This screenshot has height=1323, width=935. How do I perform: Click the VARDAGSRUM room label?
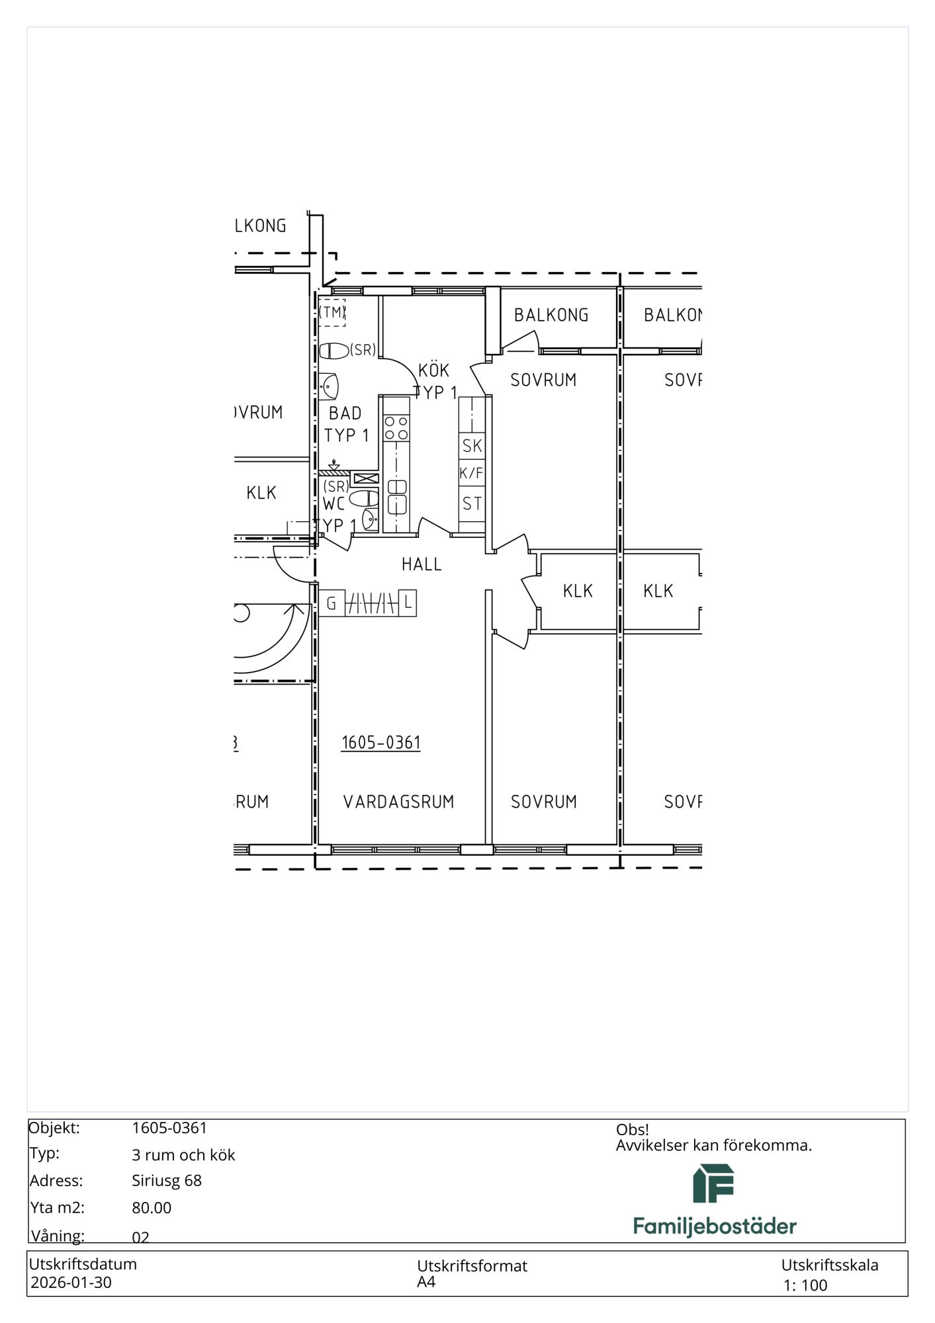click(x=398, y=802)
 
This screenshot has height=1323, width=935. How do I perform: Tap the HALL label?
click(x=422, y=564)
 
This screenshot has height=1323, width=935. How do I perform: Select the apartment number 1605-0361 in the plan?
click(x=381, y=743)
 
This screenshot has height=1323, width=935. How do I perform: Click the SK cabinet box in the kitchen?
click(x=472, y=445)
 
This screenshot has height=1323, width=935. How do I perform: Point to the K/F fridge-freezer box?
click(x=472, y=473)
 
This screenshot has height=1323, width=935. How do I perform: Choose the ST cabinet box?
click(x=472, y=504)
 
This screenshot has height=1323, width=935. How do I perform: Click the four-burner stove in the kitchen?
click(x=396, y=427)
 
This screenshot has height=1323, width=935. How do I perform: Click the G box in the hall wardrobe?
click(x=332, y=603)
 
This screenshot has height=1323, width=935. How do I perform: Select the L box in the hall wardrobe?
click(x=408, y=603)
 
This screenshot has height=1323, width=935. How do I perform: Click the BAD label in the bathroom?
click(x=345, y=413)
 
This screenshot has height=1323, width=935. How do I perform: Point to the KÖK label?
click(x=434, y=370)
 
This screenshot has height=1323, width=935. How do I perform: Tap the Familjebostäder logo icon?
click(x=713, y=1183)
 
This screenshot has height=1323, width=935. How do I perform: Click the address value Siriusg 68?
click(x=167, y=1181)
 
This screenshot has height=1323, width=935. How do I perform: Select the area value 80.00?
click(x=152, y=1208)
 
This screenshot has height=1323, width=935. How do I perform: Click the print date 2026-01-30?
click(x=71, y=1283)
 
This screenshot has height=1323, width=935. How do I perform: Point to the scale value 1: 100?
click(x=805, y=1286)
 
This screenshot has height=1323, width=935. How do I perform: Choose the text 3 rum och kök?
click(x=183, y=1155)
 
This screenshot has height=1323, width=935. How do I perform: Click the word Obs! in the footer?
click(x=633, y=1130)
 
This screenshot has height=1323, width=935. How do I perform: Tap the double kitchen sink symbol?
click(x=396, y=497)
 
